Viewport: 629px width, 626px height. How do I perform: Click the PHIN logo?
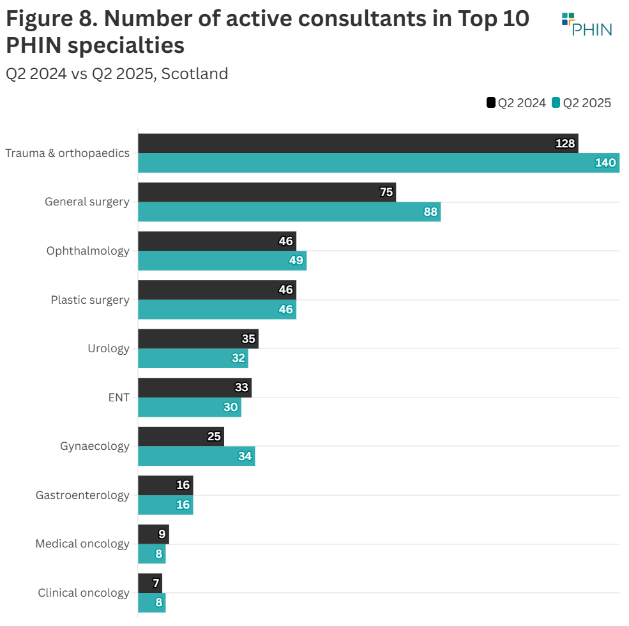click(x=586, y=24)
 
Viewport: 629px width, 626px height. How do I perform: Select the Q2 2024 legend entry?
click(x=516, y=103)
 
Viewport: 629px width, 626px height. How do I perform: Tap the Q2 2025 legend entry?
click(x=581, y=103)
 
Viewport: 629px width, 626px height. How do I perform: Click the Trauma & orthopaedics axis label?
click(x=67, y=153)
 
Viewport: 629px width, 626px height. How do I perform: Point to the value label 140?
click(x=605, y=163)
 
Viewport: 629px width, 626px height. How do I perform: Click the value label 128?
click(x=565, y=144)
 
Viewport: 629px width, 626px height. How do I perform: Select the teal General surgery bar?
click(x=289, y=212)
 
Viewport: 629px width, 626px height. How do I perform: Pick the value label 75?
click(x=386, y=192)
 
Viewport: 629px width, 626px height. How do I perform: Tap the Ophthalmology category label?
click(x=87, y=251)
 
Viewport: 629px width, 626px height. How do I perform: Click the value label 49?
click(x=296, y=261)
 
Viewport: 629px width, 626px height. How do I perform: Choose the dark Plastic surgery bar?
click(x=217, y=290)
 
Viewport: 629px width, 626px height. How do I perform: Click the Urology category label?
click(x=109, y=348)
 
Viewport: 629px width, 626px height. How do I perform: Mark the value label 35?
click(x=248, y=339)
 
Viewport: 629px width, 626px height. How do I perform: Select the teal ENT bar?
click(x=190, y=407)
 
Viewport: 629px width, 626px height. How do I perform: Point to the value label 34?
click(x=245, y=456)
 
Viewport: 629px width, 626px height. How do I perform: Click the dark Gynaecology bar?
click(x=181, y=436)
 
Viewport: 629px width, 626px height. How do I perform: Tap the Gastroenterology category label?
click(x=82, y=495)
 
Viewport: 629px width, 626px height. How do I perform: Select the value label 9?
click(x=162, y=534)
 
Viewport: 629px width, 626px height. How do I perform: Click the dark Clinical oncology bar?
click(x=150, y=583)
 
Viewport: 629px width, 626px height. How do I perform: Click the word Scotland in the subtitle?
click(x=195, y=74)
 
